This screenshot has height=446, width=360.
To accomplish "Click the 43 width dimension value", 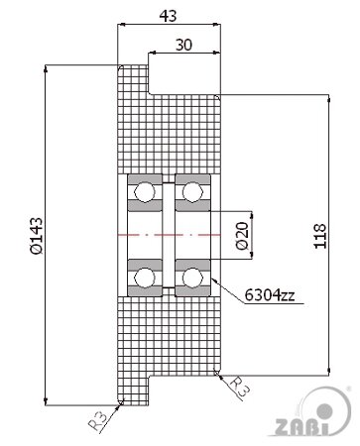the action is tap(168, 16).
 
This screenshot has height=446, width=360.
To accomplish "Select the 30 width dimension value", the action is tap(183, 45).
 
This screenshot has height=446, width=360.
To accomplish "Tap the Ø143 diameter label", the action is tap(37, 236).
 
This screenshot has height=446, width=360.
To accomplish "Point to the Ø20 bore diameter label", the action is tap(242, 236).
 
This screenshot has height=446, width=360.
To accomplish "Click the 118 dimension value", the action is tap(320, 236).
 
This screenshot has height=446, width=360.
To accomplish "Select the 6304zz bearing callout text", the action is tap(270, 294).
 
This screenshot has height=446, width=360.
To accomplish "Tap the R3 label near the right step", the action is tap(239, 387).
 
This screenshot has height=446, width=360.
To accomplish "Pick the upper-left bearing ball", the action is tap(145, 191).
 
